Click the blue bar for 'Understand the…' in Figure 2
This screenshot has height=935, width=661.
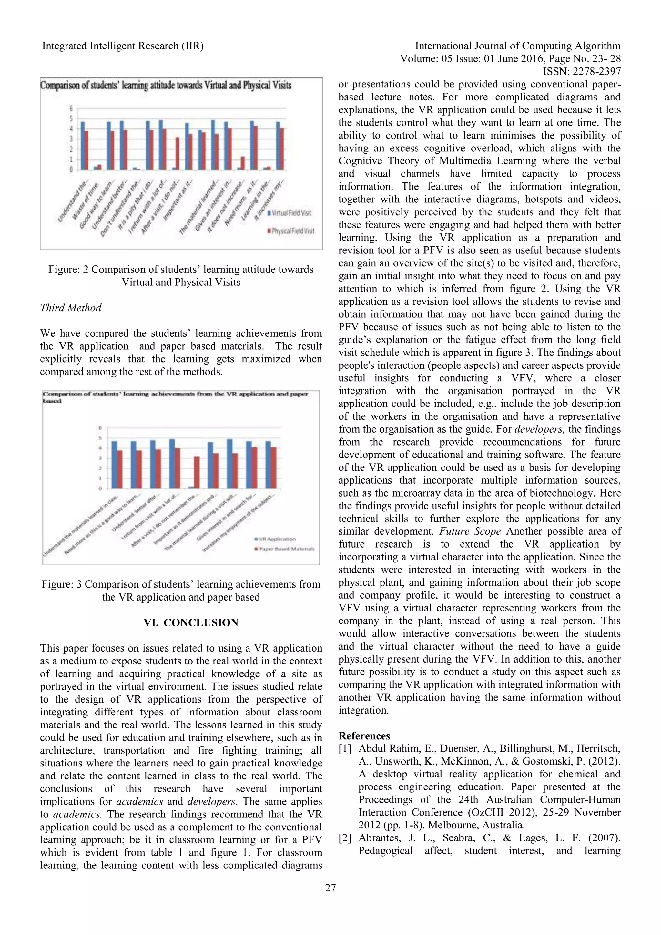click(x=83, y=145)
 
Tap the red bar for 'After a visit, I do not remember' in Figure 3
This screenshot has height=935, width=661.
click(x=197, y=472)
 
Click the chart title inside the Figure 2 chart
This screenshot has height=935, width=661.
click(x=166, y=86)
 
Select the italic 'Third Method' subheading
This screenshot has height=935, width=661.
click(x=71, y=308)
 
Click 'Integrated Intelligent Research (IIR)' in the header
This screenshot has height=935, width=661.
click(x=123, y=46)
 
